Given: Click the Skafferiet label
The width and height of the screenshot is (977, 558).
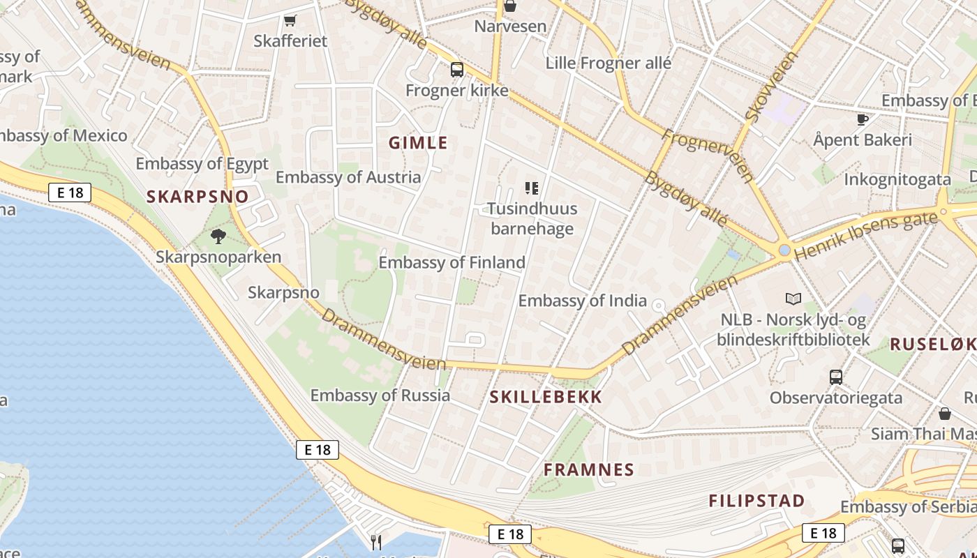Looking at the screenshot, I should (x=290, y=41).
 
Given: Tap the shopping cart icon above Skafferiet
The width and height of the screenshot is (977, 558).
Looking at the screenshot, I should (x=290, y=20).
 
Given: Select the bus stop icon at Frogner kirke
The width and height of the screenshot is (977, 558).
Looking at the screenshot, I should (x=457, y=70).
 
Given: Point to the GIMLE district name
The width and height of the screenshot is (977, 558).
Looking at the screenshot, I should (x=418, y=143).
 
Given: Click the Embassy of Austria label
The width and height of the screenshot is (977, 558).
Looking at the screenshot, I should (x=348, y=177).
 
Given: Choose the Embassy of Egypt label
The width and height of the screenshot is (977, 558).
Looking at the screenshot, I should (x=202, y=164).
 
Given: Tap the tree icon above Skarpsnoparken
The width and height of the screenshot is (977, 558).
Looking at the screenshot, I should (x=218, y=236).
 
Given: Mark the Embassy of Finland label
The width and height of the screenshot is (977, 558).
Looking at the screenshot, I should (x=452, y=263).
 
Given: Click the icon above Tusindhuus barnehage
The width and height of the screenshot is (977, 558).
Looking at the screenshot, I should (x=532, y=188).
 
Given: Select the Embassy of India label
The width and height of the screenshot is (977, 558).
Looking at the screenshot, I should (x=582, y=301).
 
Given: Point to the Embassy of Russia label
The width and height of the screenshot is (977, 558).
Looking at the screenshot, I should (x=380, y=395).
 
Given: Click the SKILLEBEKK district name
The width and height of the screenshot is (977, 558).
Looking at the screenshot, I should (x=546, y=398).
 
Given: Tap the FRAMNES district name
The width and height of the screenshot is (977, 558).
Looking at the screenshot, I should (x=589, y=469).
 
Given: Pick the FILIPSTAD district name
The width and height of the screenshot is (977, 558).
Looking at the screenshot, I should (x=756, y=501).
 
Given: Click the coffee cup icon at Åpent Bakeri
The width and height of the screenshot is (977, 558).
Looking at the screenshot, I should (x=863, y=119).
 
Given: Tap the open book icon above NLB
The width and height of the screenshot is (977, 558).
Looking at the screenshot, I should (x=793, y=299).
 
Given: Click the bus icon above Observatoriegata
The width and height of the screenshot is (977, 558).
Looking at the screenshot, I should (x=836, y=377).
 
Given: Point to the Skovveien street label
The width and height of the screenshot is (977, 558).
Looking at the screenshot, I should (x=771, y=87).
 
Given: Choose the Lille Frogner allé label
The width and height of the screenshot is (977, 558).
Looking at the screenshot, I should (x=609, y=63).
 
